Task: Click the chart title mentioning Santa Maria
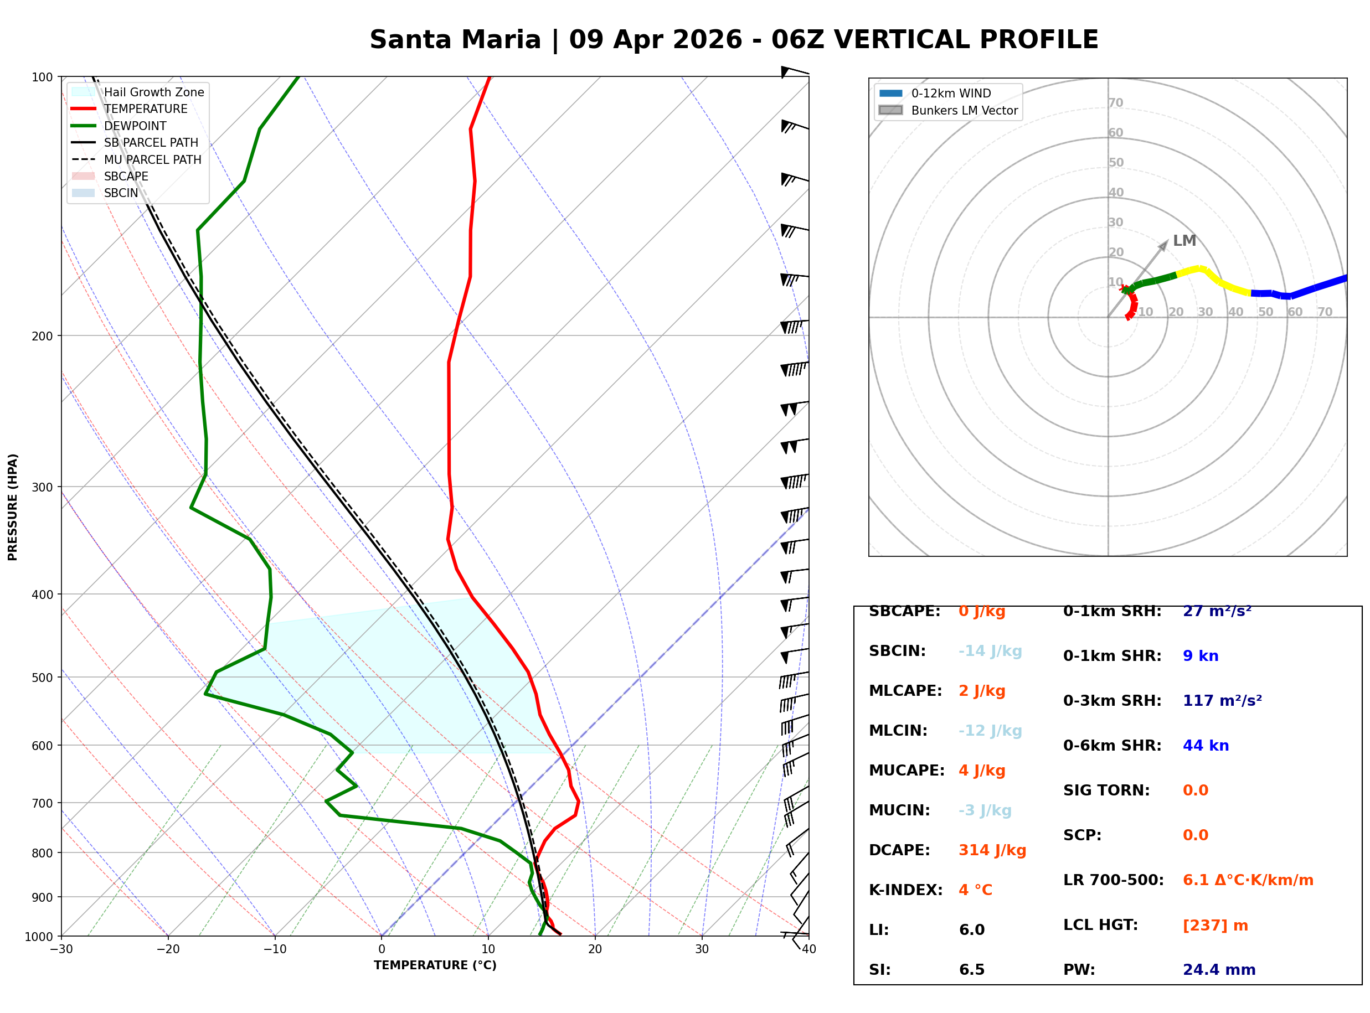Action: tap(733, 40)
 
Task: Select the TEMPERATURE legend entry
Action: tap(145, 109)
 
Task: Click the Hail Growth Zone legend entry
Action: tap(153, 92)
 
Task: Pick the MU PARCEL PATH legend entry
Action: tap(152, 159)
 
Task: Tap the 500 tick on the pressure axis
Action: tap(42, 678)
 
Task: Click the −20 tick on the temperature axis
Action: tap(167, 949)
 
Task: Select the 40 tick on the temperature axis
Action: tap(808, 949)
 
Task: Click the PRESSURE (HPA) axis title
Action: tap(13, 507)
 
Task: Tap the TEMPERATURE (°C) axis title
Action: tap(435, 966)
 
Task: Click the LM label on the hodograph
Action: tap(1184, 241)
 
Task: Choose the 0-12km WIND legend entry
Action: tap(951, 94)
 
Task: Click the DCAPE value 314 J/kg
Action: tap(992, 850)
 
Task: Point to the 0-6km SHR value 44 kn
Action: tap(1206, 746)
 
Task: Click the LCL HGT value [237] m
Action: tap(1215, 926)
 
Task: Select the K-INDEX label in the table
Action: tap(905, 890)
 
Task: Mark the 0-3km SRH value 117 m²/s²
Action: tap(1222, 701)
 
